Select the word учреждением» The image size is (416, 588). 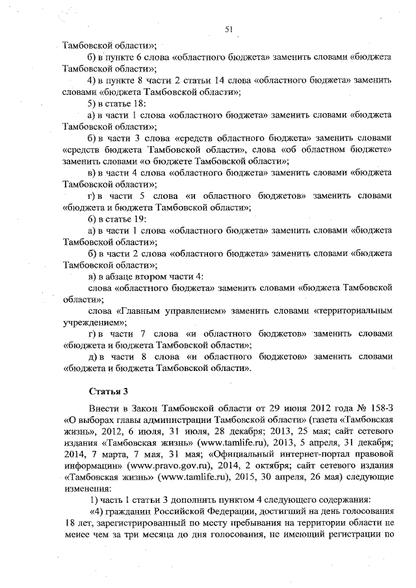(x=95, y=322)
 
